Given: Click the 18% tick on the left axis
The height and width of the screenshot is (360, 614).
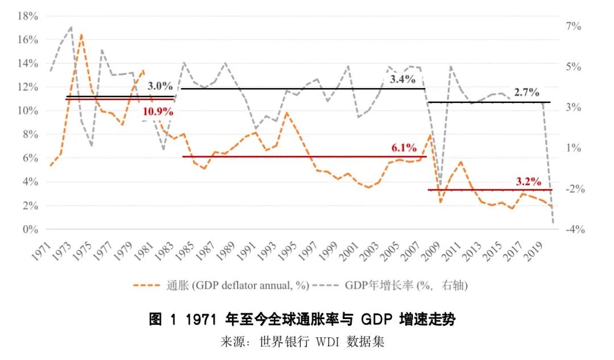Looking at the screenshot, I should point(27,16).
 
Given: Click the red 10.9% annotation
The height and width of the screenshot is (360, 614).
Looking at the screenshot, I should point(157,111).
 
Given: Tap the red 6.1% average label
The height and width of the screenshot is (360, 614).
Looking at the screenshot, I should point(404,148).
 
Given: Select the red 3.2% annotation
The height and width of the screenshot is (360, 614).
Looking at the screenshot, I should point(528,181).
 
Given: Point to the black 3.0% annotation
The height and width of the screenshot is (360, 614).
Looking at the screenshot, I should point(160,86).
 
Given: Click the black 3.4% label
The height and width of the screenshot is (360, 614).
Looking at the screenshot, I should point(403,80).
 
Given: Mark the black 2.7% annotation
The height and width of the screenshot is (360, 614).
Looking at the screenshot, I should point(526,93).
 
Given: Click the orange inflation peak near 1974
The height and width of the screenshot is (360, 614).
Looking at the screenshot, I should point(81,35).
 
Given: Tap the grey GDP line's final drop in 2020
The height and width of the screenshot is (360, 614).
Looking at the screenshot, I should point(553,222).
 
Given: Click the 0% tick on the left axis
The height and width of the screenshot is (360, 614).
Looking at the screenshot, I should point(30,229).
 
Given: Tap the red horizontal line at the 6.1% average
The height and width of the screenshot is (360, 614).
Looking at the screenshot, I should point(284,156).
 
